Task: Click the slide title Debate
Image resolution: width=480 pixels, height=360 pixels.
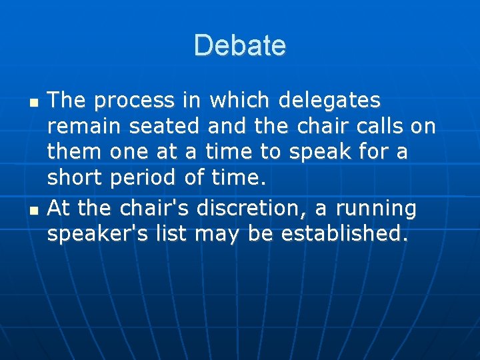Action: click(x=240, y=46)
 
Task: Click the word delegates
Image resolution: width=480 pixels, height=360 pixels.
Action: click(x=330, y=101)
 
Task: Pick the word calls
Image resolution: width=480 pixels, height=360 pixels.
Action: click(x=371, y=127)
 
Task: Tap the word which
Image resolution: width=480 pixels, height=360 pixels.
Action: click(x=240, y=101)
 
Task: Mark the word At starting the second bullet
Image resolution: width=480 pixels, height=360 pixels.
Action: click(x=59, y=209)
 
